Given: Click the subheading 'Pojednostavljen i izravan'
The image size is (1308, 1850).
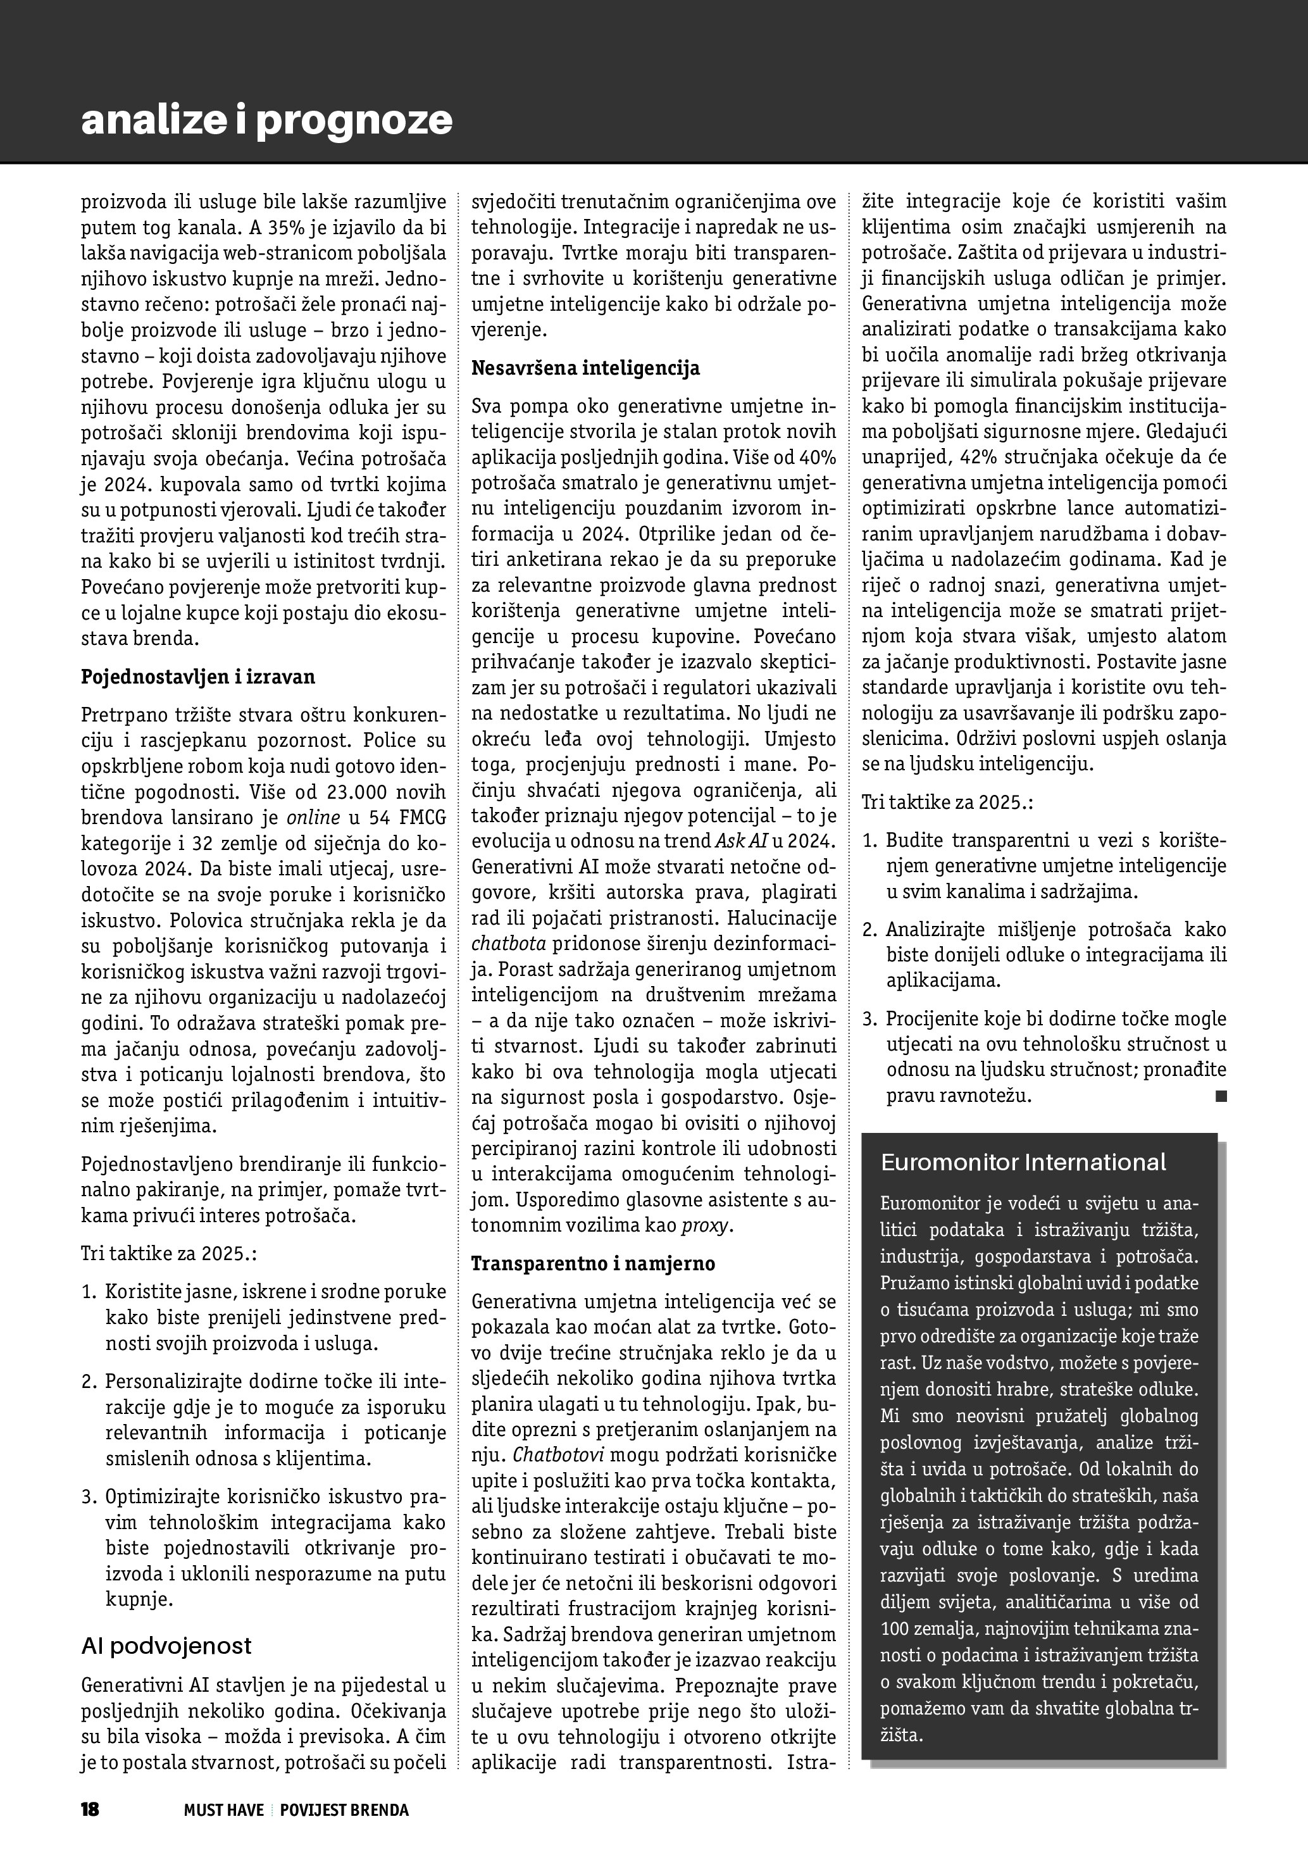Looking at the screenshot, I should click(198, 677).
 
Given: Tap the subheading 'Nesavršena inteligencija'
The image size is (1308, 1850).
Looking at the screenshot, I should click(585, 368).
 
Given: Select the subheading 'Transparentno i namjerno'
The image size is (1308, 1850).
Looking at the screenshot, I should click(593, 1263).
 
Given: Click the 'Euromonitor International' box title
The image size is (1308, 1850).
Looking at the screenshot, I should click(1023, 1163).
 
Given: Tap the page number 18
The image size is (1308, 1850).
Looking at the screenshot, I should click(89, 1809).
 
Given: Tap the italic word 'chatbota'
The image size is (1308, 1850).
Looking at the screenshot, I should click(508, 944).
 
